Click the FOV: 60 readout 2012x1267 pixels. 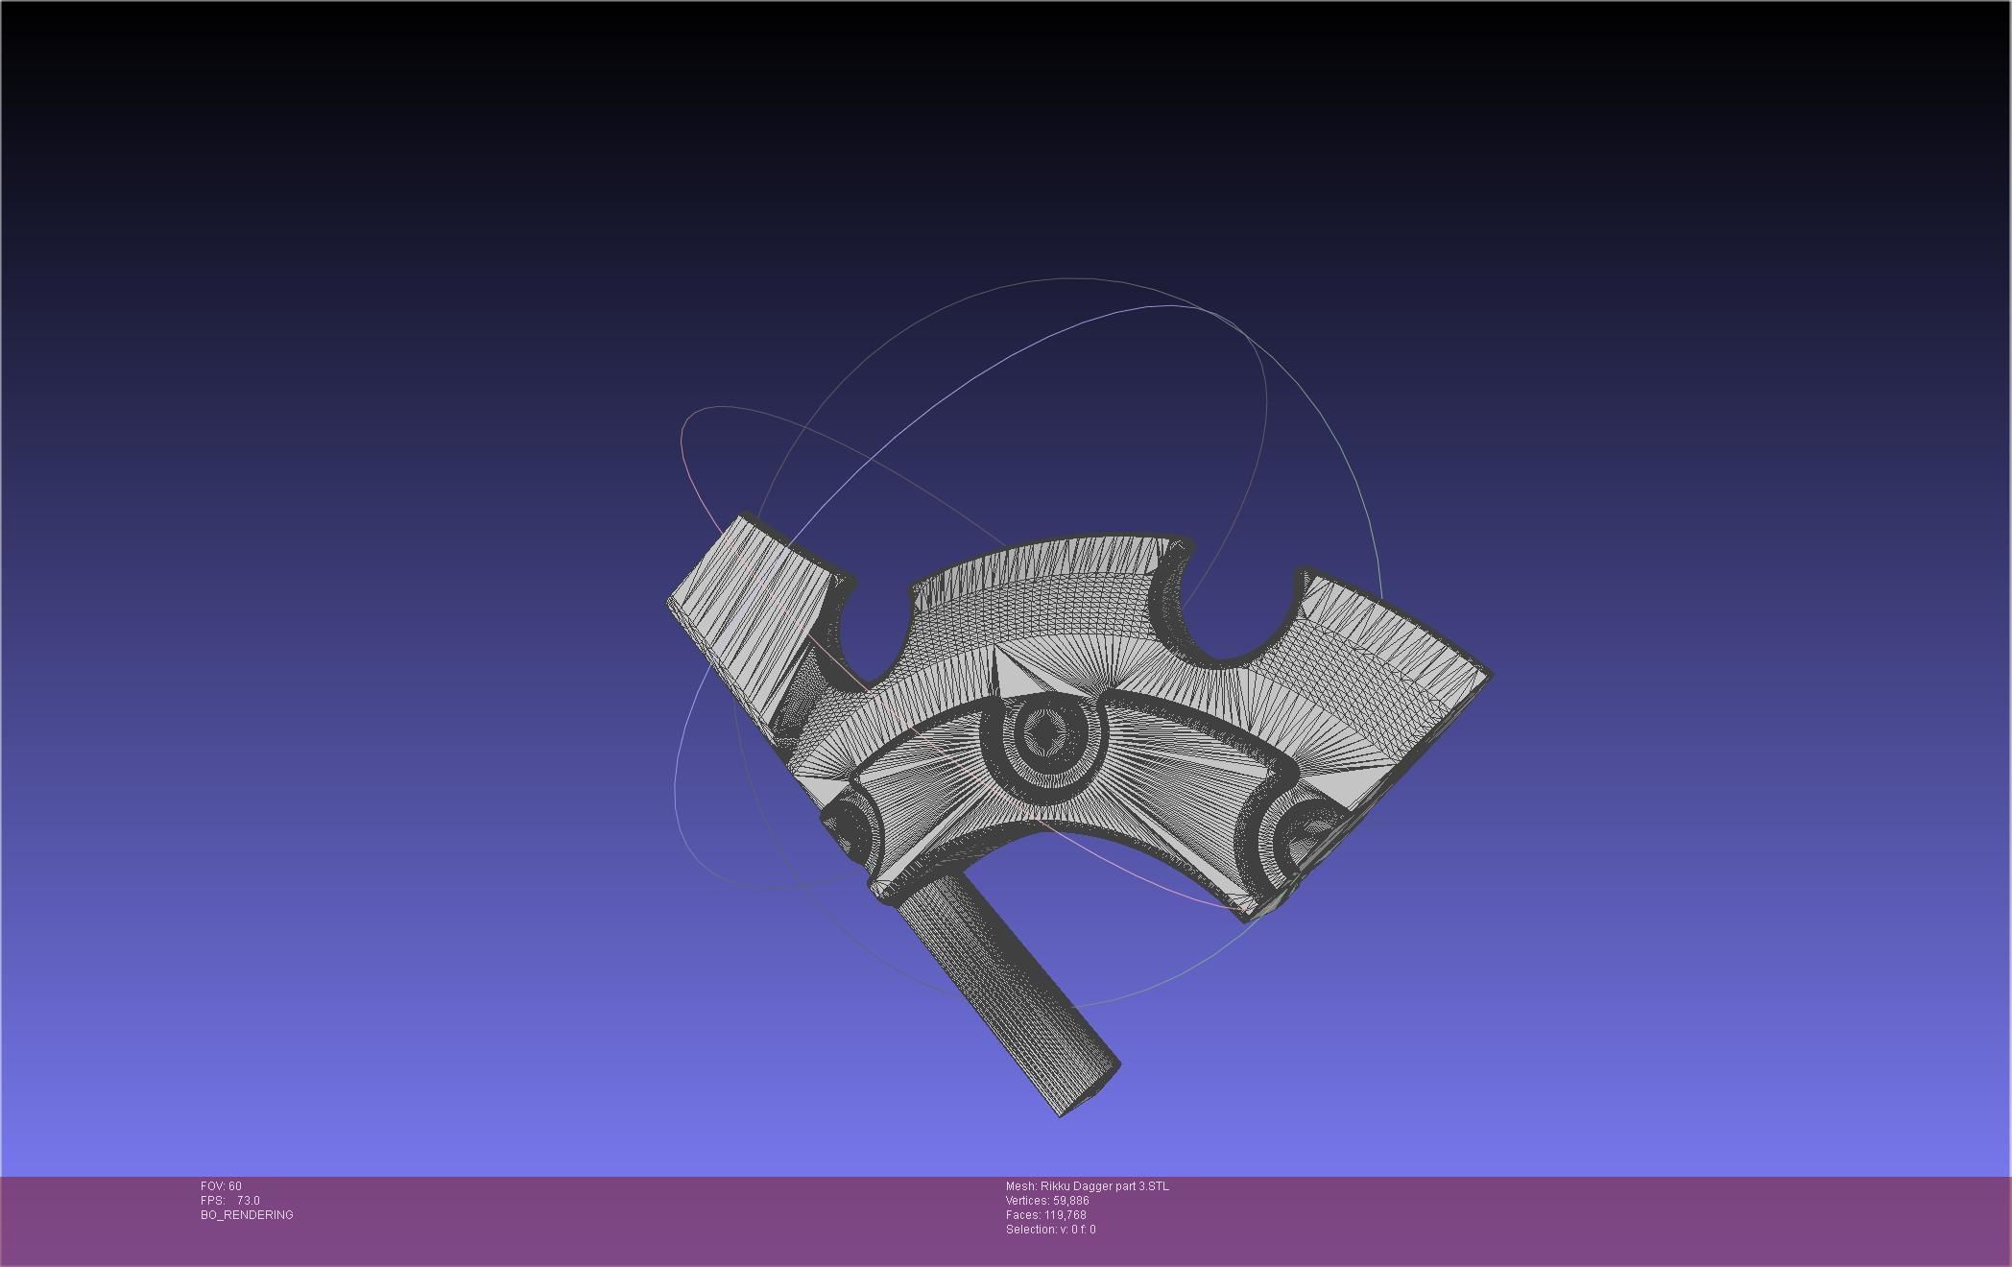pos(221,1186)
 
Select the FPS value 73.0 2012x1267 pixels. pos(248,1201)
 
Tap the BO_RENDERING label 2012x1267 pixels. pos(247,1215)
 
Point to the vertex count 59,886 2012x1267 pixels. pos(1070,1201)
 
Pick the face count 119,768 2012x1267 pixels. pos(1065,1215)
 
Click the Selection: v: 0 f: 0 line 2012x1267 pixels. pos(1050,1230)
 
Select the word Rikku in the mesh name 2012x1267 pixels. pos(1055,1186)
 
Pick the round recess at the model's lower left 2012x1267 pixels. pos(847,825)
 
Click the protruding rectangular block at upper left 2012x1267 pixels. pos(754,605)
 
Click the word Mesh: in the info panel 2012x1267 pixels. pos(1021,1186)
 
